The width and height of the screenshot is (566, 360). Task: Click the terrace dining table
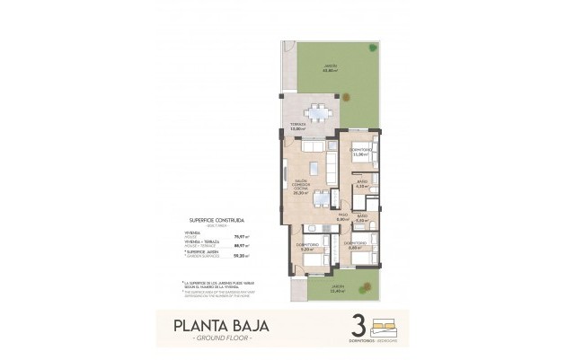[x=316, y=114]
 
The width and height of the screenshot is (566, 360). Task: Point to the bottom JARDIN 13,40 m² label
[x=312, y=288]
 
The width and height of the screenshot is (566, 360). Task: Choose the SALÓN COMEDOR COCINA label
[x=300, y=185]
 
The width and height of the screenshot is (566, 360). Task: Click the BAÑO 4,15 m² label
[x=360, y=184]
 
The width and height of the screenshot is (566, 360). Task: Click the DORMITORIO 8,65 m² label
[x=354, y=244]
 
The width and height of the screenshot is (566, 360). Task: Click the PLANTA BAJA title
[x=215, y=324]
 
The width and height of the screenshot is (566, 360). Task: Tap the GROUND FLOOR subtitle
[x=216, y=339]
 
